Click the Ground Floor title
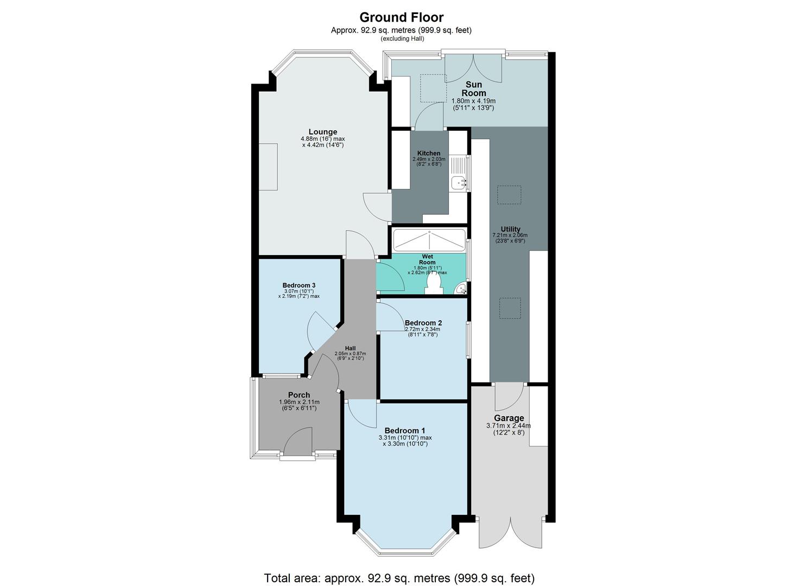coord(401,17)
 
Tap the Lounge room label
coord(323,132)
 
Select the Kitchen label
coord(429,153)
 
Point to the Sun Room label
coord(474,89)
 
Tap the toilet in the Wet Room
coord(434,284)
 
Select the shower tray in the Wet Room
coord(429,239)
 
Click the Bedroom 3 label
coord(299,285)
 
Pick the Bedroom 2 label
coord(423,323)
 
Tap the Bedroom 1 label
coord(405,431)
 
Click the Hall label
coord(350,348)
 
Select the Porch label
coord(299,395)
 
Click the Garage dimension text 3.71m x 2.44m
coord(509,426)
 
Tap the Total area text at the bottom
coord(399,578)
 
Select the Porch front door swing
coord(298,441)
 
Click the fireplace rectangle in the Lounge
coord(268,167)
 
